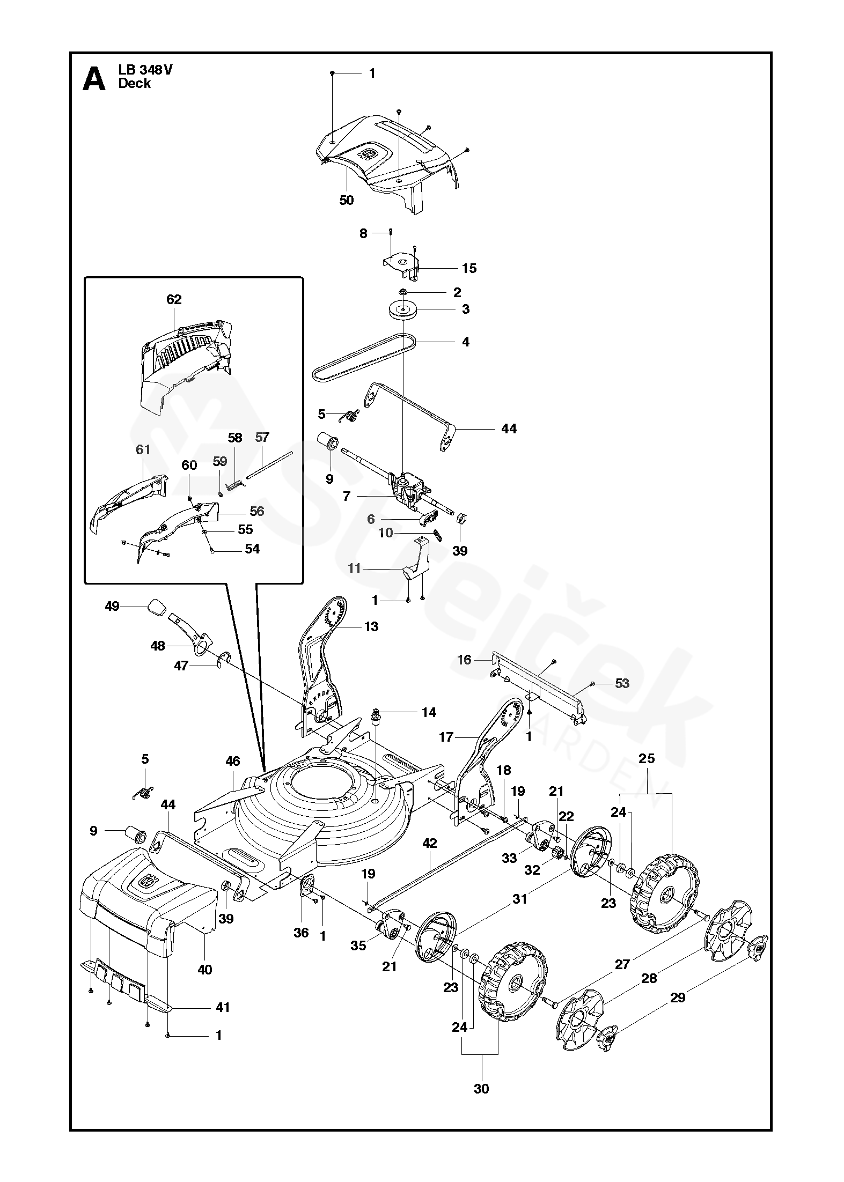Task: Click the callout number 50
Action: coord(347,200)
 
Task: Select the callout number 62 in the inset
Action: coord(174,299)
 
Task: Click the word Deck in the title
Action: coord(135,84)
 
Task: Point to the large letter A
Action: coord(94,80)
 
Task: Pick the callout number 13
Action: coord(371,626)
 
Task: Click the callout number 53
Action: coord(622,683)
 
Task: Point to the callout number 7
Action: coord(347,497)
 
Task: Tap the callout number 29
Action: coord(678,998)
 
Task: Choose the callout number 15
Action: coord(469,268)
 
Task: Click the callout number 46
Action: coord(232,761)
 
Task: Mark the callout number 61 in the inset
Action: coord(143,449)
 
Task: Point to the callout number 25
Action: coord(647,759)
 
